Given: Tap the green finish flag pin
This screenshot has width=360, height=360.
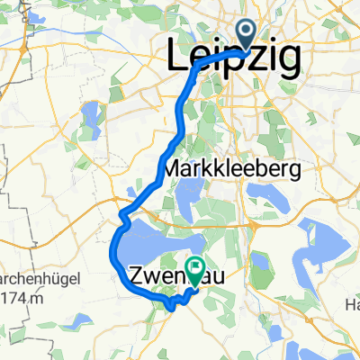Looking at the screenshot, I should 193,266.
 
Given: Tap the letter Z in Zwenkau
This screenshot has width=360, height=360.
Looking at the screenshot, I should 139,274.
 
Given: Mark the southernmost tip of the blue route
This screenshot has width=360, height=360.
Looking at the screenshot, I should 171,309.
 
